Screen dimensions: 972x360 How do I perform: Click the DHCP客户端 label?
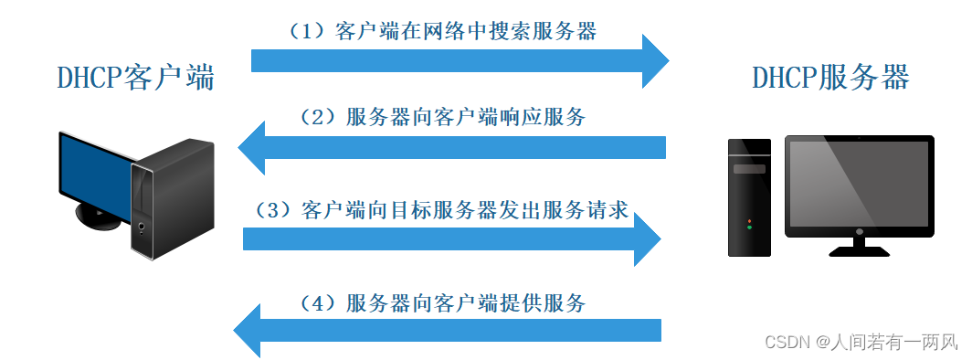135,79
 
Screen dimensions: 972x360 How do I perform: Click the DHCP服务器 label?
830,78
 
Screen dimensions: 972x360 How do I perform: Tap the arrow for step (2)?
457,147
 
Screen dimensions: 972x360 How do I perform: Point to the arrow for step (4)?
448,330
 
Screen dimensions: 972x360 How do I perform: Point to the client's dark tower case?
174,196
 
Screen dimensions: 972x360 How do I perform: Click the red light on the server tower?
749,221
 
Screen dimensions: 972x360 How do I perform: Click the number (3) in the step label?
270,210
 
